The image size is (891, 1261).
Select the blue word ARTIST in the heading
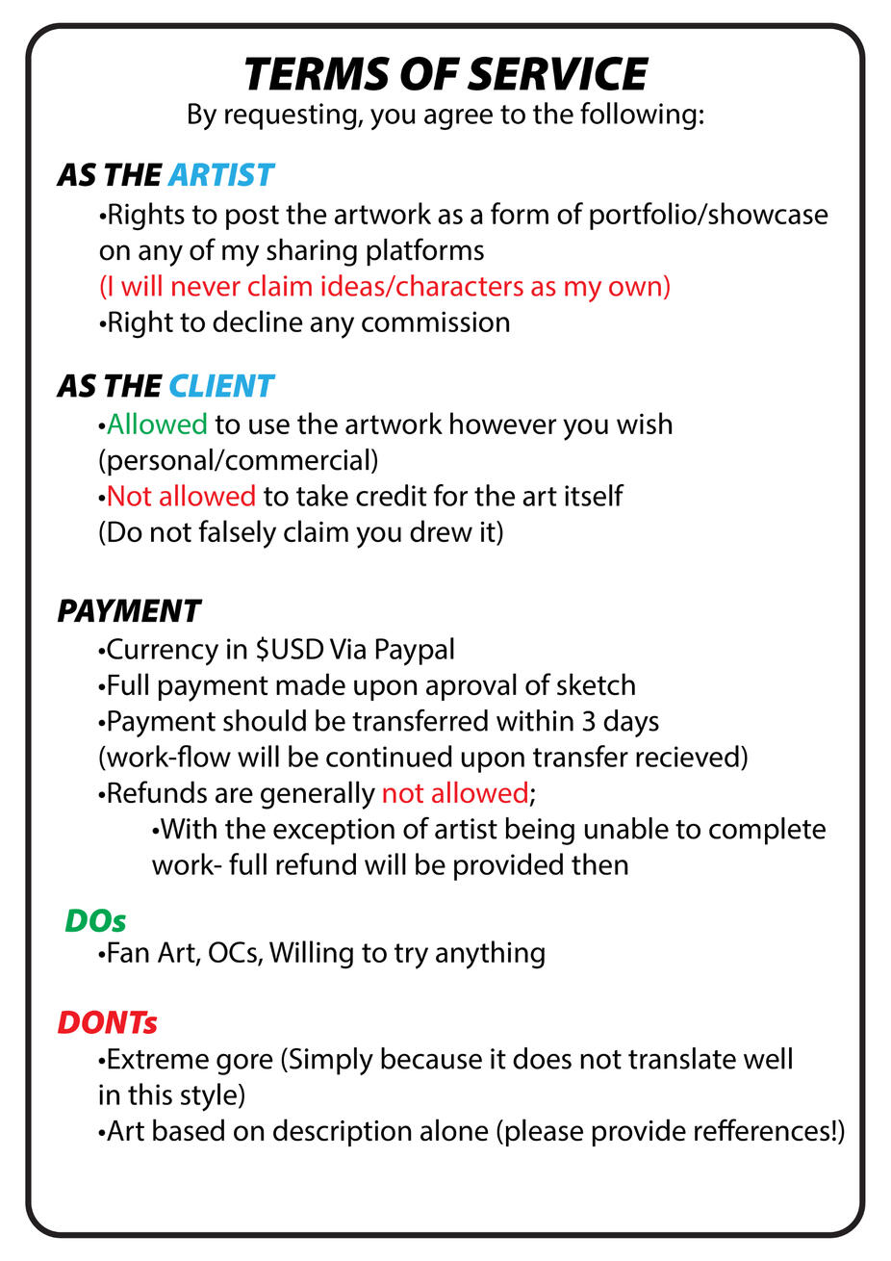pos(221,175)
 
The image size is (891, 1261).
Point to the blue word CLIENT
pos(221,386)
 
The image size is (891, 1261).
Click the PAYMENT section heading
pos(129,611)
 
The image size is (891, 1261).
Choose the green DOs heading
pos(95,920)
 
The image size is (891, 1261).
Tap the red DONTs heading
pos(107,1022)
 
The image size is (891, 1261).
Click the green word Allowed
pos(157,425)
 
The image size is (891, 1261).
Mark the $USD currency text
pos(290,650)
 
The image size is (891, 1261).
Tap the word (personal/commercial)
pos(239,460)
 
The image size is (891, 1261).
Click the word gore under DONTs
pos(244,1060)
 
